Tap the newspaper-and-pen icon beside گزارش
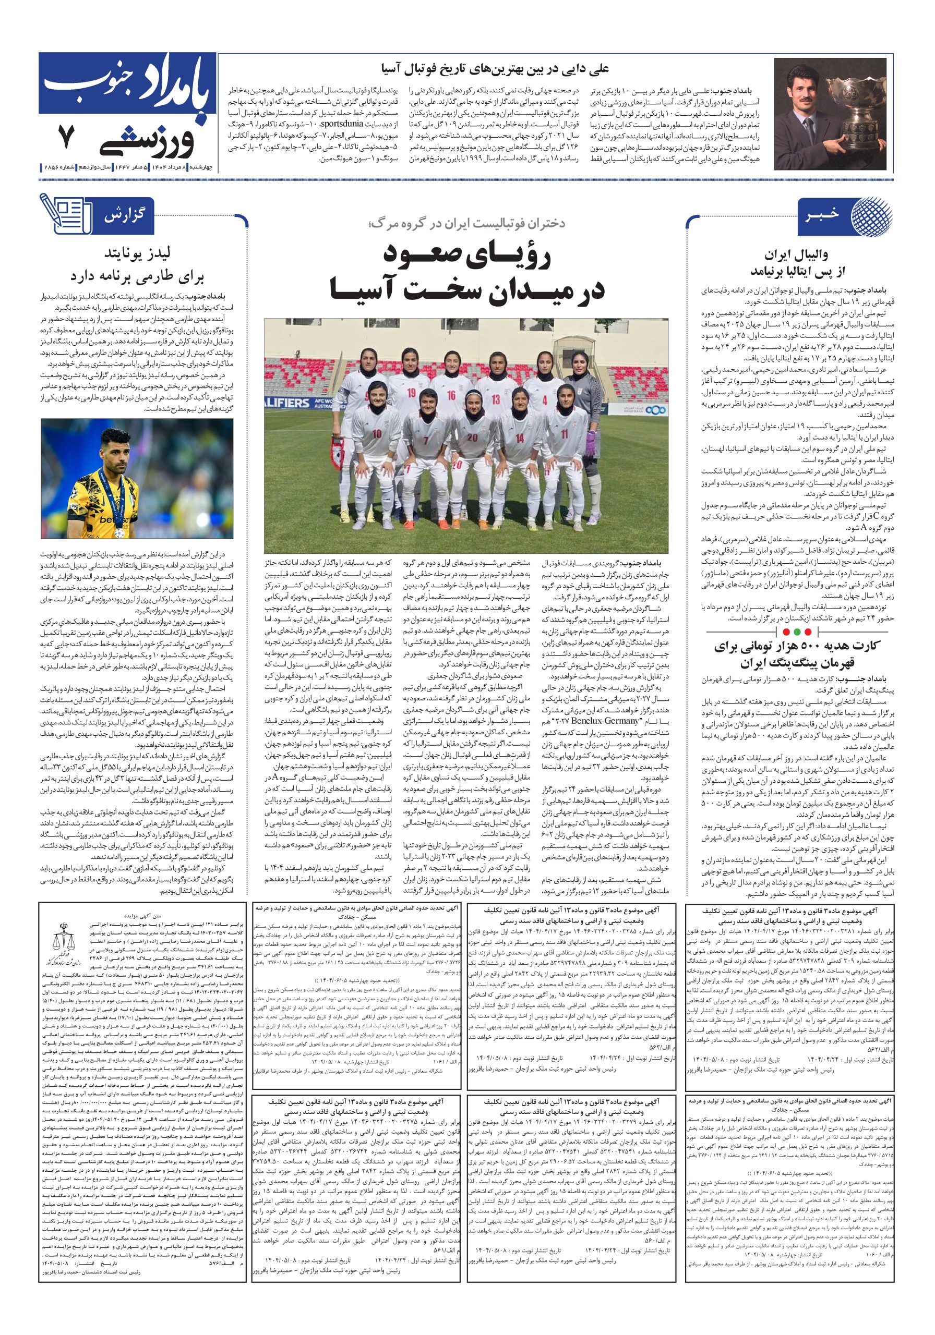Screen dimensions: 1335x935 pyautogui.click(x=65, y=213)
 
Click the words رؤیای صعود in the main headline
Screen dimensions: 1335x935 pyautogui.click(x=465, y=254)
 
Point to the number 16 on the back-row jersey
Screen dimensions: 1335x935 pyautogui.click(x=451, y=395)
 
